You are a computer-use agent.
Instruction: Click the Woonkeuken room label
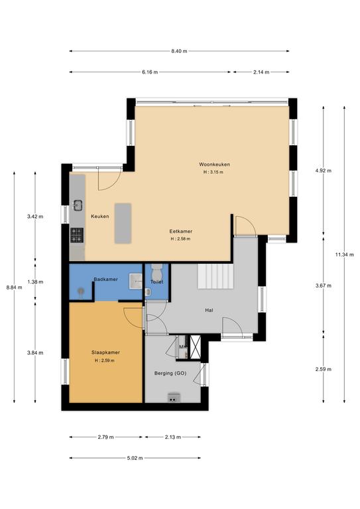pos(213,164)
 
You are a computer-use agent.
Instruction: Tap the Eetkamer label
pos(180,231)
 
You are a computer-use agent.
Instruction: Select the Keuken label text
pos(100,216)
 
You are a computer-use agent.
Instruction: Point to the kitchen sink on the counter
pos(78,205)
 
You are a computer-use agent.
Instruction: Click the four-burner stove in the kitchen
pos(77,233)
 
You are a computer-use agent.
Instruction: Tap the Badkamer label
pos(105,280)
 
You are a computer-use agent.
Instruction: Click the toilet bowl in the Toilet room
pos(156,272)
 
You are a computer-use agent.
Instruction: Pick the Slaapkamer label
pos(105,353)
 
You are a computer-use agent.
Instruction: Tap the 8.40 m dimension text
pos(179,51)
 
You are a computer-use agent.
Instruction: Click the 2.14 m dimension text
pos(261,72)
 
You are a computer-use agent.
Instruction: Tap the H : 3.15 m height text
pos(213,172)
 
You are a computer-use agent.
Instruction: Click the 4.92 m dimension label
pos(322,170)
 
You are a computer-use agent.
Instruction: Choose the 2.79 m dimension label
pos(105,437)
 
